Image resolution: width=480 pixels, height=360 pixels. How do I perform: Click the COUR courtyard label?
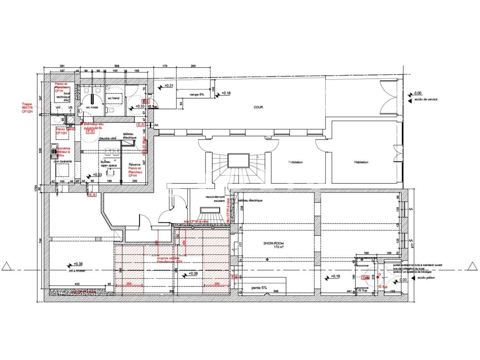(x=258, y=107)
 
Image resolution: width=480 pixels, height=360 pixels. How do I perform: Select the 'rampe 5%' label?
(x=196, y=95)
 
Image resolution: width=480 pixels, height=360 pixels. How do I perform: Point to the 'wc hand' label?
(x=113, y=98)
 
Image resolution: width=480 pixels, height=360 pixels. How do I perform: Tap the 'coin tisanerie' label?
(x=62, y=161)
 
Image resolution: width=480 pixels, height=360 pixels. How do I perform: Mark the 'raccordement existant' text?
(x=215, y=199)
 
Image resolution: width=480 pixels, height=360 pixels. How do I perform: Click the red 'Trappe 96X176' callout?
(x=28, y=108)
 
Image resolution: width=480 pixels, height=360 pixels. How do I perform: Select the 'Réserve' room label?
(x=134, y=165)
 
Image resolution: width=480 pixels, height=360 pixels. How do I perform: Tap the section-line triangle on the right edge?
(x=471, y=266)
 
